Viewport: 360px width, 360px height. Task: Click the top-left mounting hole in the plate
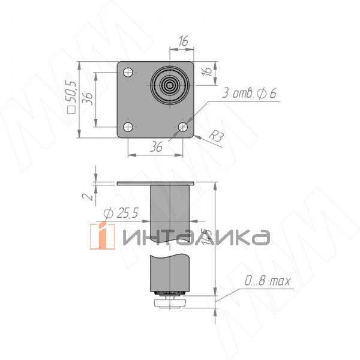(127, 73)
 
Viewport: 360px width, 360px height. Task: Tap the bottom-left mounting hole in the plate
(127, 127)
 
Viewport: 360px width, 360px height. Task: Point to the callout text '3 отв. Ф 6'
(248, 93)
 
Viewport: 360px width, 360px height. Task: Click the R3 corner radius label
(217, 137)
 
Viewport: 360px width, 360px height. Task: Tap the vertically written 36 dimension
(88, 98)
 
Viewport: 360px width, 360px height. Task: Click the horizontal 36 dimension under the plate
(156, 146)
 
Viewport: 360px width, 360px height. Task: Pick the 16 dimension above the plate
(183, 41)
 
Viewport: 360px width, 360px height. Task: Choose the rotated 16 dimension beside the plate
(206, 71)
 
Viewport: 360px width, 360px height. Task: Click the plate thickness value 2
(87, 196)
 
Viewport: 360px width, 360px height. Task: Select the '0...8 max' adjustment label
(267, 281)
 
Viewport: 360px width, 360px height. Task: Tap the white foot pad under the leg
(171, 304)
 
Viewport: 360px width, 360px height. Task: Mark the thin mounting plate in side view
(156, 182)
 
